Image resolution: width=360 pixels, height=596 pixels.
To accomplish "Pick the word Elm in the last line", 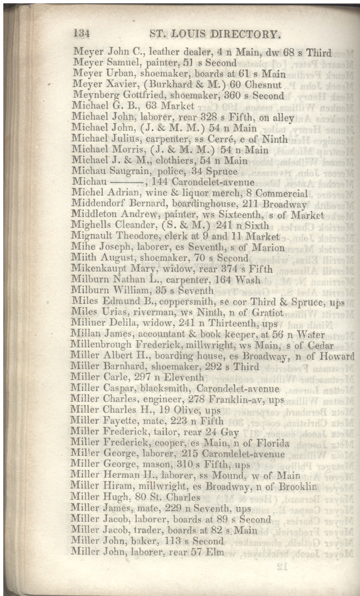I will point(215,552).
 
